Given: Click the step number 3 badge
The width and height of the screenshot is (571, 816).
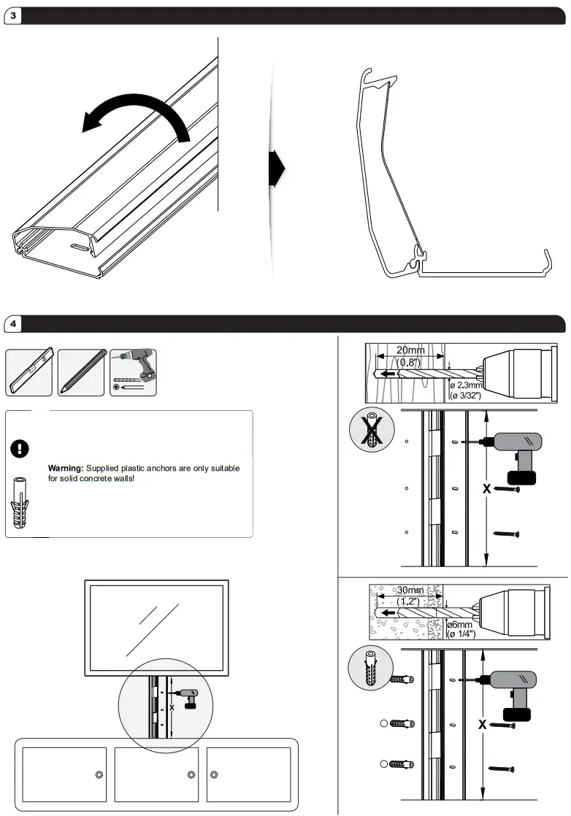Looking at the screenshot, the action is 13,15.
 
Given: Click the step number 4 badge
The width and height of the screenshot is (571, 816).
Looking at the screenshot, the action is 13,324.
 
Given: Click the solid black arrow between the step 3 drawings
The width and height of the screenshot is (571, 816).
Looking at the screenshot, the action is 277,168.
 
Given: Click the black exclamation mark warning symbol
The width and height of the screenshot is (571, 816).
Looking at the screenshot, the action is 20,449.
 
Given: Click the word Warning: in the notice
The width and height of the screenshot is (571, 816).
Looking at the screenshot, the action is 66,469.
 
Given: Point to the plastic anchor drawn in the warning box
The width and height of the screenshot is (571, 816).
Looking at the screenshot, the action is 20,502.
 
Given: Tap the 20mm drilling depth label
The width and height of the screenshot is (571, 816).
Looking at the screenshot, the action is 410,350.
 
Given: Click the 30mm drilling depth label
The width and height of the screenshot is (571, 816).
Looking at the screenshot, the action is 410,590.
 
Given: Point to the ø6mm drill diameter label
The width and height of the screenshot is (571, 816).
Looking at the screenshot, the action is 460,625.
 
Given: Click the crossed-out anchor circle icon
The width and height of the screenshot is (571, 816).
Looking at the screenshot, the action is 372,430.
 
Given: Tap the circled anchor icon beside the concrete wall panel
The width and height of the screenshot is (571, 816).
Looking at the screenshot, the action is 371,669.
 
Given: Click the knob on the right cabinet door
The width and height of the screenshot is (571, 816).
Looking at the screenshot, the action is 214,775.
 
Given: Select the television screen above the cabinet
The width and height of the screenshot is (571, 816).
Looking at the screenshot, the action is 157,628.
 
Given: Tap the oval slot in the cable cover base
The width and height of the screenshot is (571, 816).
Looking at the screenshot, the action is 79,247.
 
